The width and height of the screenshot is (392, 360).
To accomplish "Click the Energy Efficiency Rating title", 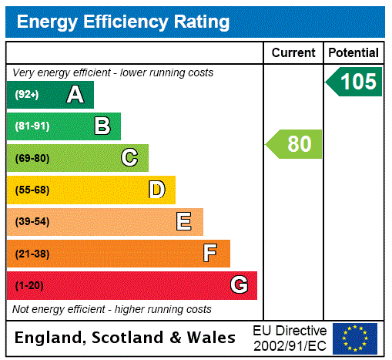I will pyautogui.click(x=123, y=22).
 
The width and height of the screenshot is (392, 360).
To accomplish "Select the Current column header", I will pyautogui.click(x=293, y=53).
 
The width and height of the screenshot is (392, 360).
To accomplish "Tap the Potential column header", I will pyautogui.click(x=353, y=53).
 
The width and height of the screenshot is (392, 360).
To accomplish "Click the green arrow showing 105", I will pyautogui.click(x=353, y=82).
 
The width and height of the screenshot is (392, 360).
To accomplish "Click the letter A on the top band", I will pyautogui.click(x=75, y=95).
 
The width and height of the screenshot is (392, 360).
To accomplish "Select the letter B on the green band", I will pyautogui.click(x=102, y=126).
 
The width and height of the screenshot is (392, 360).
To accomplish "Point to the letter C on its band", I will pyautogui.click(x=129, y=158).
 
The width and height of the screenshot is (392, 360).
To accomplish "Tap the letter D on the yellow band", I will pyautogui.click(x=156, y=190).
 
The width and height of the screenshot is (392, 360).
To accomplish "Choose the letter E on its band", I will pyautogui.click(x=183, y=222).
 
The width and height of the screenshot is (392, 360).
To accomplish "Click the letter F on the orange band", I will pyautogui.click(x=210, y=254).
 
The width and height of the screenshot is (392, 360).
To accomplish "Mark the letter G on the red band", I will pyautogui.click(x=239, y=285).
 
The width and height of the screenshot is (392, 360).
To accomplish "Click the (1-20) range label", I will pyautogui.click(x=29, y=285).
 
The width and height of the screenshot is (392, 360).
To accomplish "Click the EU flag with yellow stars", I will pyautogui.click(x=355, y=338).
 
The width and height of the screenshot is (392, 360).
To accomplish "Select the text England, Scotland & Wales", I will pyautogui.click(x=126, y=338).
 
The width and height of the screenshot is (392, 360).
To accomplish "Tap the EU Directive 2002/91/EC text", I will pyautogui.click(x=290, y=338).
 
